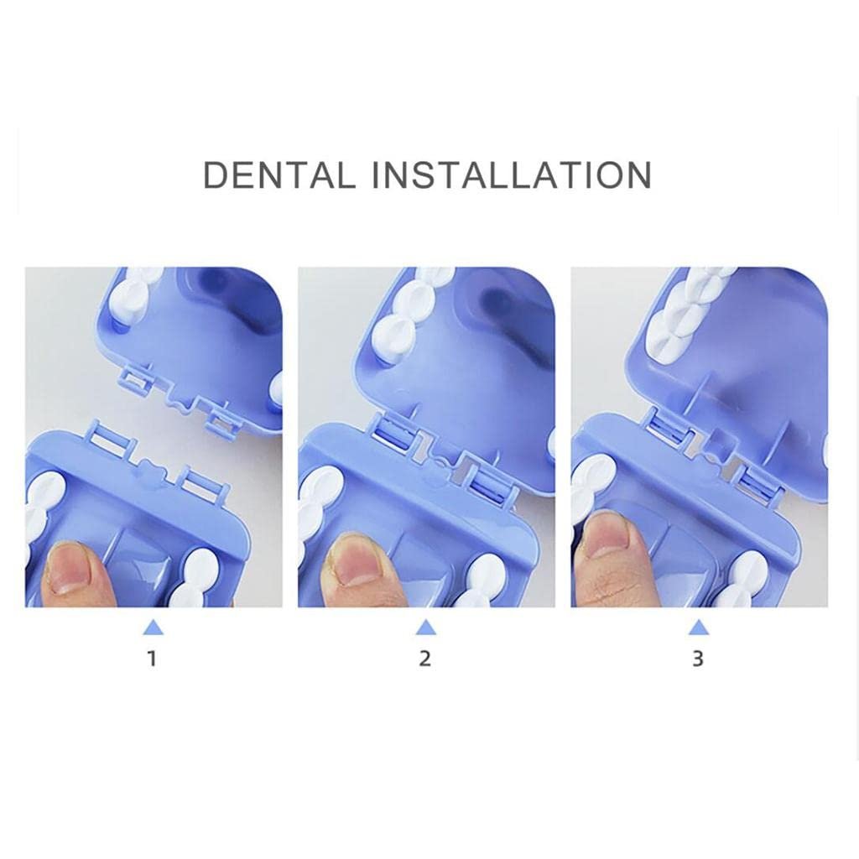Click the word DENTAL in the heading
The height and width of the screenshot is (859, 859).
(279, 174)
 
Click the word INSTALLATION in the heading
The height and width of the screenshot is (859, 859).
(512, 174)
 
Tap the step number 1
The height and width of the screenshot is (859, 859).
(153, 658)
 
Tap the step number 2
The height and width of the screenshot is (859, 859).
(425, 658)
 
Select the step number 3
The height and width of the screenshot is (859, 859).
(697, 658)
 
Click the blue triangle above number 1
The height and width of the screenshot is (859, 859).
(154, 627)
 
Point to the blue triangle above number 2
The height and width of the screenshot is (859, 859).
(425, 627)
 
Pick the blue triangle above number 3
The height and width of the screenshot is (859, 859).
(699, 627)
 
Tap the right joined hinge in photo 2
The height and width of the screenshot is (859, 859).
(490, 476)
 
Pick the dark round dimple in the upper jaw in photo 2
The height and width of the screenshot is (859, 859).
(498, 303)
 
